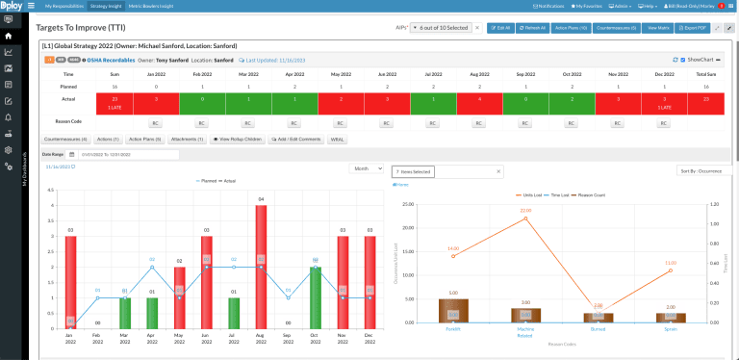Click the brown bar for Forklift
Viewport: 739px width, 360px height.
pyautogui.click(x=453, y=309)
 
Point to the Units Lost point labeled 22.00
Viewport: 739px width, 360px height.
pyautogui.click(x=525, y=219)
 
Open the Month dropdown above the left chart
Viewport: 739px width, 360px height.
pyautogui.click(x=367, y=168)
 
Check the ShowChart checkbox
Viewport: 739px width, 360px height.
pyautogui.click(x=682, y=60)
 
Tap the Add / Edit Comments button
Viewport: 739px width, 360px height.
pyautogui.click(x=296, y=140)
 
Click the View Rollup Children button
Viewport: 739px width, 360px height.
pyautogui.click(x=238, y=140)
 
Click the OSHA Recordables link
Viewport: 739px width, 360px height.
pyautogui.click(x=116, y=60)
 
